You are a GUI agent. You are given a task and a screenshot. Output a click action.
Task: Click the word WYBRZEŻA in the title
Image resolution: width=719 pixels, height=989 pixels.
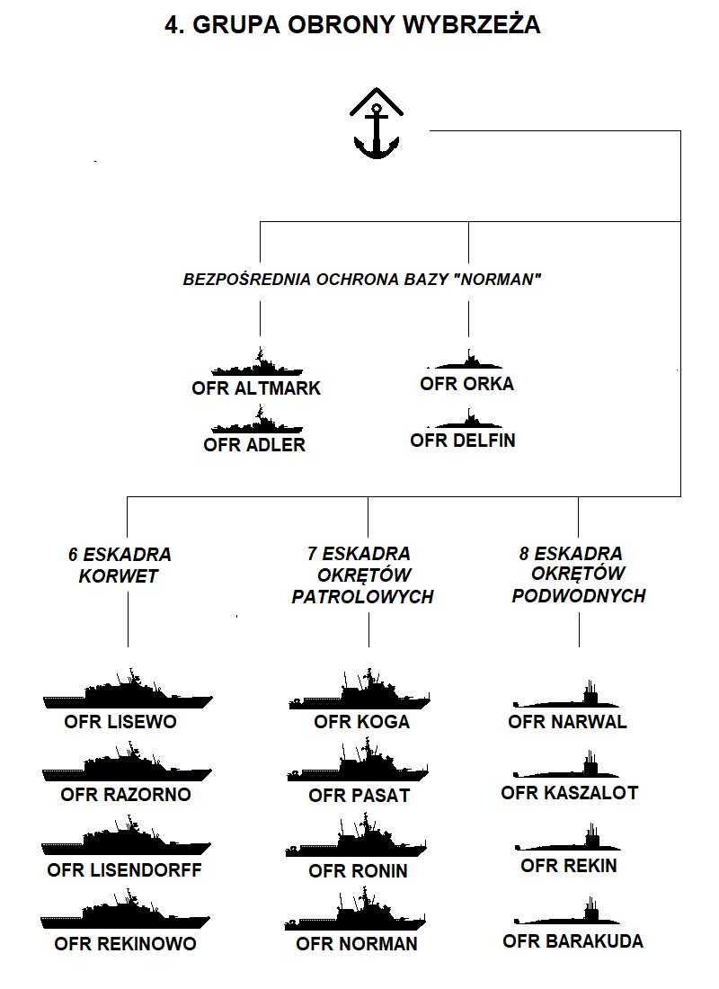coord(471,24)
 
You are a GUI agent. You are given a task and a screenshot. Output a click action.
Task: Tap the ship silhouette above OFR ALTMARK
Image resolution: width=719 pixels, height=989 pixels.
coord(257,363)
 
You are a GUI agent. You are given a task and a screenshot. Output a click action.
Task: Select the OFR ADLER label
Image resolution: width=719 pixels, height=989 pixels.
coord(254,445)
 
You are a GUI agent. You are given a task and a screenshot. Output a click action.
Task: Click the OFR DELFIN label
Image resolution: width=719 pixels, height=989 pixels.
coord(463,441)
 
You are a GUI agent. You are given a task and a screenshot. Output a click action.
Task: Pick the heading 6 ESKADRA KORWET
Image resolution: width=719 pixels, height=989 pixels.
coord(120,566)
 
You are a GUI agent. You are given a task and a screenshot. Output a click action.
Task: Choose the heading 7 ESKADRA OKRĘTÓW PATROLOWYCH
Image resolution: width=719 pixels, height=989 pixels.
coord(363,575)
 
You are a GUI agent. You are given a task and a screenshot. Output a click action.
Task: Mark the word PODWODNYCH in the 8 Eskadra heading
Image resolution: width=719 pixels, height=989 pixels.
coord(579,596)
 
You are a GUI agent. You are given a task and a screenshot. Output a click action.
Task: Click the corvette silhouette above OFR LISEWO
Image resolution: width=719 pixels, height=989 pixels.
coord(128,690)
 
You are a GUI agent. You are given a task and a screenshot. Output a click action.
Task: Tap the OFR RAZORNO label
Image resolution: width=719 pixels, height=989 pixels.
coord(126,794)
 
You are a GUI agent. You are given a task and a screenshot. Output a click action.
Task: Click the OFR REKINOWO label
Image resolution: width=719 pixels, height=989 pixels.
coord(126,943)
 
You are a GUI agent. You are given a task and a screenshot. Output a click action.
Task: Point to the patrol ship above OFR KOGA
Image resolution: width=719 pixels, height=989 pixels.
coord(359,690)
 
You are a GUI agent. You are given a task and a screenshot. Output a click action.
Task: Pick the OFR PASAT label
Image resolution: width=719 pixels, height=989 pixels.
coord(359,796)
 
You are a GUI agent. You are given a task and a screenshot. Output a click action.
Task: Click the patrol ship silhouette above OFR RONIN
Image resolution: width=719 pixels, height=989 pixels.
coord(356,836)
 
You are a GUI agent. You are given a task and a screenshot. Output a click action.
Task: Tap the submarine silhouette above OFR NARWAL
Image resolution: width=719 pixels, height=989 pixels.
coord(566,696)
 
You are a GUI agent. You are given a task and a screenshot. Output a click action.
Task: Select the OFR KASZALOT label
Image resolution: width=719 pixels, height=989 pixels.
coord(570,793)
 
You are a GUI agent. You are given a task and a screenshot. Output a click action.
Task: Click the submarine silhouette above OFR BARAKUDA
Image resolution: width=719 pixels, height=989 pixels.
coord(567,912)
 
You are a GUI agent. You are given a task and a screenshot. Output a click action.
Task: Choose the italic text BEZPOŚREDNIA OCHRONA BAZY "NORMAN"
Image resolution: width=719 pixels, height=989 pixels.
coord(362,280)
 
